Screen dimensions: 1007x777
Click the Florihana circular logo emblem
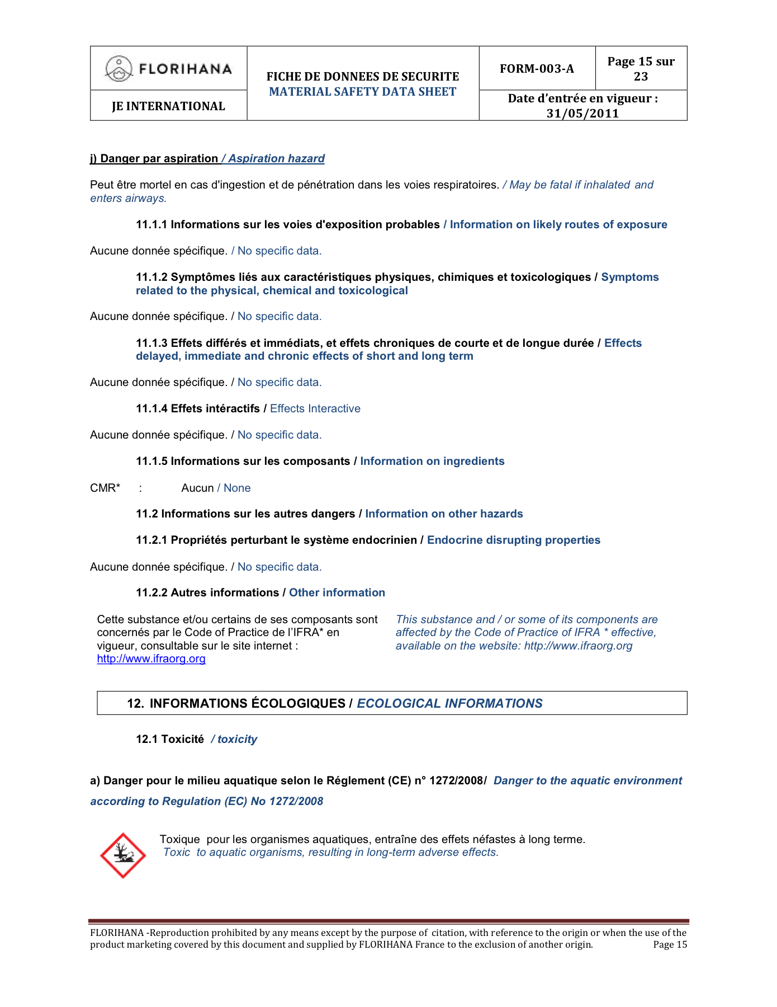pos(119,69)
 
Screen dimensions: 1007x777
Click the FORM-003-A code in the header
pos(537,69)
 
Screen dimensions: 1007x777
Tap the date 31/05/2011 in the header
pos(582,114)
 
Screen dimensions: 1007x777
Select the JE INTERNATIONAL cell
pos(168,106)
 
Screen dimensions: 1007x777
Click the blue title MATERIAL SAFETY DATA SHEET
pos(363,92)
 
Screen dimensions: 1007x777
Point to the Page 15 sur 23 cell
pos(641,69)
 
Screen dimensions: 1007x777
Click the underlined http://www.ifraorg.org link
pos(151,659)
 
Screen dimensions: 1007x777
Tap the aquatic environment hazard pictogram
pos(122,855)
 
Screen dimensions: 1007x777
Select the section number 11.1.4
pos(151,409)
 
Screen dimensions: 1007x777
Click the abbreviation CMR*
pos(105,488)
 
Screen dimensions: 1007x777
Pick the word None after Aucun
pos(237,488)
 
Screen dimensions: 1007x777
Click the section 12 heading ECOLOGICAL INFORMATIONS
pos(449,704)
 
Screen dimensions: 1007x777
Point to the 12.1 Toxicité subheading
pos(170,740)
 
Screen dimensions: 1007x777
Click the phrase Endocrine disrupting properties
pos(513,540)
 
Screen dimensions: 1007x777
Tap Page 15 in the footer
pos(670,945)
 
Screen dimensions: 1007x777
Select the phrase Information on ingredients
pos(432,462)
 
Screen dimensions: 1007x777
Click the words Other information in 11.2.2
pos(337,593)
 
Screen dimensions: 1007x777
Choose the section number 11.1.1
pos(151,225)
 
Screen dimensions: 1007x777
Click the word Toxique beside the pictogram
pos(179,840)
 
